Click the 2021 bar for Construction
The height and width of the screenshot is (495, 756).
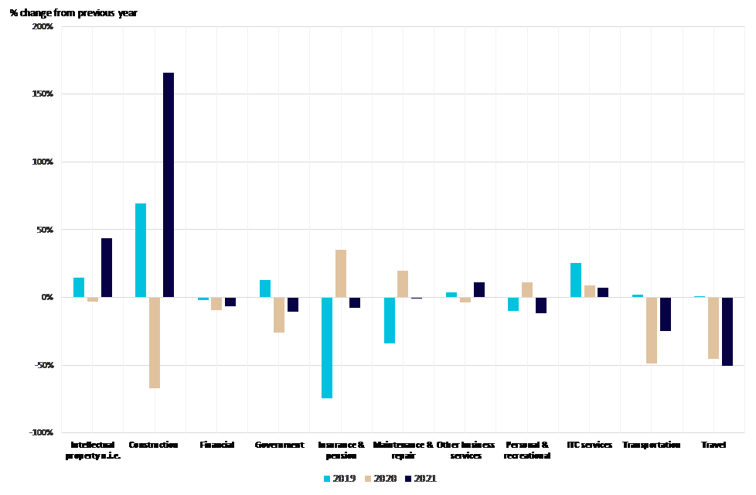[x=169, y=185]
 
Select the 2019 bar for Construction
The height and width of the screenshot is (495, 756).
[x=141, y=250]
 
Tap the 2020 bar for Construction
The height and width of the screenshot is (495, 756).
[x=155, y=343]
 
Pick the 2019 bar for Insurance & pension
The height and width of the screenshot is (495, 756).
[x=327, y=347]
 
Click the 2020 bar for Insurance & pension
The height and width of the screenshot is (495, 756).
[x=341, y=273]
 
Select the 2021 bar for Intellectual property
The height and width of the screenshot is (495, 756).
[x=107, y=268]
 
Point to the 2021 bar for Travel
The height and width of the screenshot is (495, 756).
[x=727, y=331]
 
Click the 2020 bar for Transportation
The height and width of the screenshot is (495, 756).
[x=652, y=330]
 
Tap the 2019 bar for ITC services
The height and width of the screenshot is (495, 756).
[x=576, y=280]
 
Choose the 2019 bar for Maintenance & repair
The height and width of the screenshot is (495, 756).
[x=390, y=320]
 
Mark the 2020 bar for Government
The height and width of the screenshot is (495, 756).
[x=278, y=315]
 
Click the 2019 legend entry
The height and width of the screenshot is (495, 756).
[x=339, y=479]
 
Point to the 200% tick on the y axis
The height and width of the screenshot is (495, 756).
[x=43, y=27]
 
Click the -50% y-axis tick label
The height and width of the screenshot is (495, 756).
[x=43, y=365]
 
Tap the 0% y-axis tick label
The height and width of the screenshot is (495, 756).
[x=46, y=297]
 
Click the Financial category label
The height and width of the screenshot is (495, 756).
[x=216, y=445]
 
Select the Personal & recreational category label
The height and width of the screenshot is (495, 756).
[x=527, y=450]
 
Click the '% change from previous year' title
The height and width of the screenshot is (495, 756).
[x=73, y=13]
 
